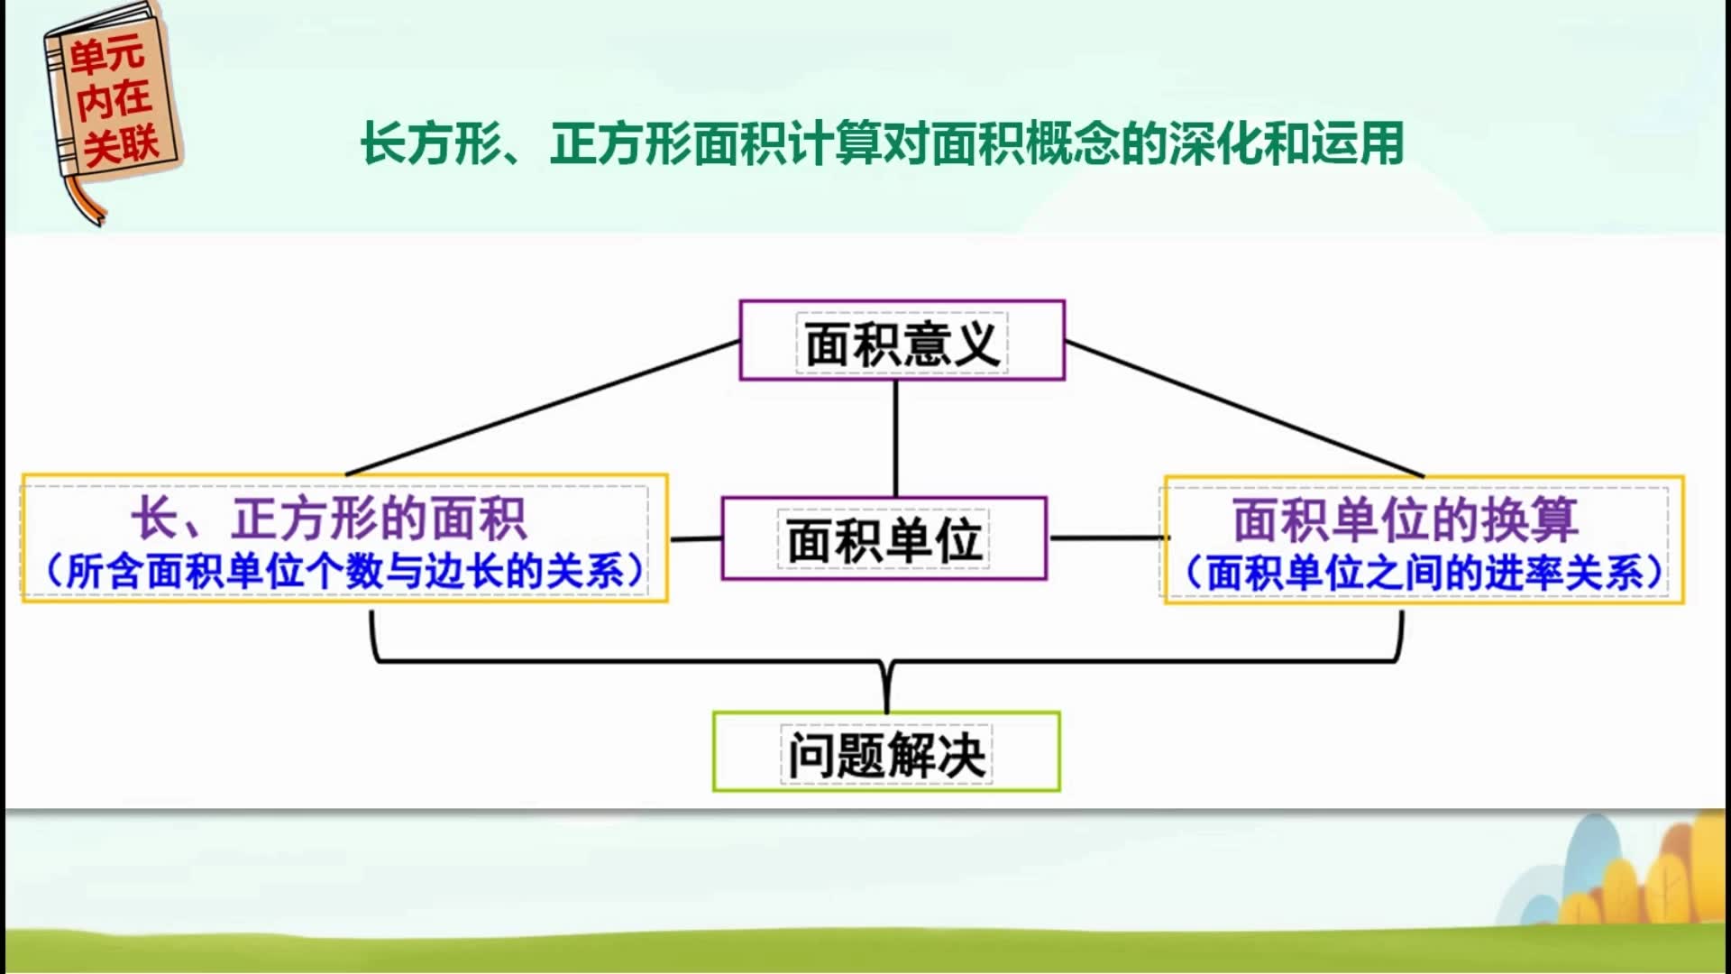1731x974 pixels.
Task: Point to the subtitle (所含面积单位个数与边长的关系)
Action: (x=345, y=571)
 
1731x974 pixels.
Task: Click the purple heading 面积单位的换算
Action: (x=1406, y=519)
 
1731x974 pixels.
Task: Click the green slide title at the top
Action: (x=883, y=144)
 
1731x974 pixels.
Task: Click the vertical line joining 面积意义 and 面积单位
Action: (x=895, y=438)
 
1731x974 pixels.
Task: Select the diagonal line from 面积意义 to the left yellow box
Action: (x=543, y=408)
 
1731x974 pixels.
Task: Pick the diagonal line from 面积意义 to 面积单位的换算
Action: (x=1244, y=409)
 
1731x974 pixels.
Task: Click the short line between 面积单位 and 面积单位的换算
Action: (x=1107, y=538)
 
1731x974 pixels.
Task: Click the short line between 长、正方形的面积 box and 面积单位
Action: (x=695, y=539)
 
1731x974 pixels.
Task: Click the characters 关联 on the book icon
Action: (x=122, y=144)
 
